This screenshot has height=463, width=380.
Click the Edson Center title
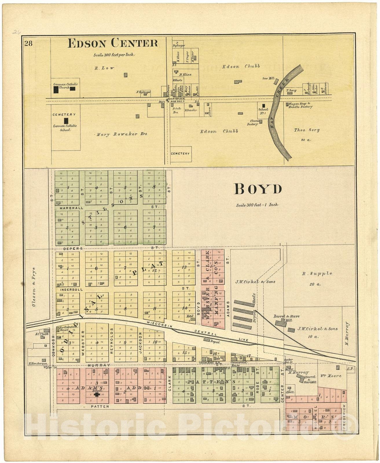pyautogui.click(x=113, y=43)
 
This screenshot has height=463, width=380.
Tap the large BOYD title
pyautogui.click(x=258, y=189)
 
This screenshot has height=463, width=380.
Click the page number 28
pyautogui.click(x=28, y=44)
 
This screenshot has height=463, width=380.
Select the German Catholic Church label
pyautogui.click(x=65, y=86)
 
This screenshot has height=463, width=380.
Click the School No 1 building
pyautogui.click(x=263, y=106)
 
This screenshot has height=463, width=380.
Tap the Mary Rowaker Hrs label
pyautogui.click(x=122, y=134)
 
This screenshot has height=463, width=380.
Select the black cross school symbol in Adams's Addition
pyautogui.click(x=97, y=394)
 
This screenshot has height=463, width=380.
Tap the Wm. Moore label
pyautogui.click(x=331, y=376)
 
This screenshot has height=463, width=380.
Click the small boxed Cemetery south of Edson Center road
pyautogui.click(x=180, y=154)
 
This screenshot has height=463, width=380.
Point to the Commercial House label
pyautogui.click(x=238, y=363)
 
